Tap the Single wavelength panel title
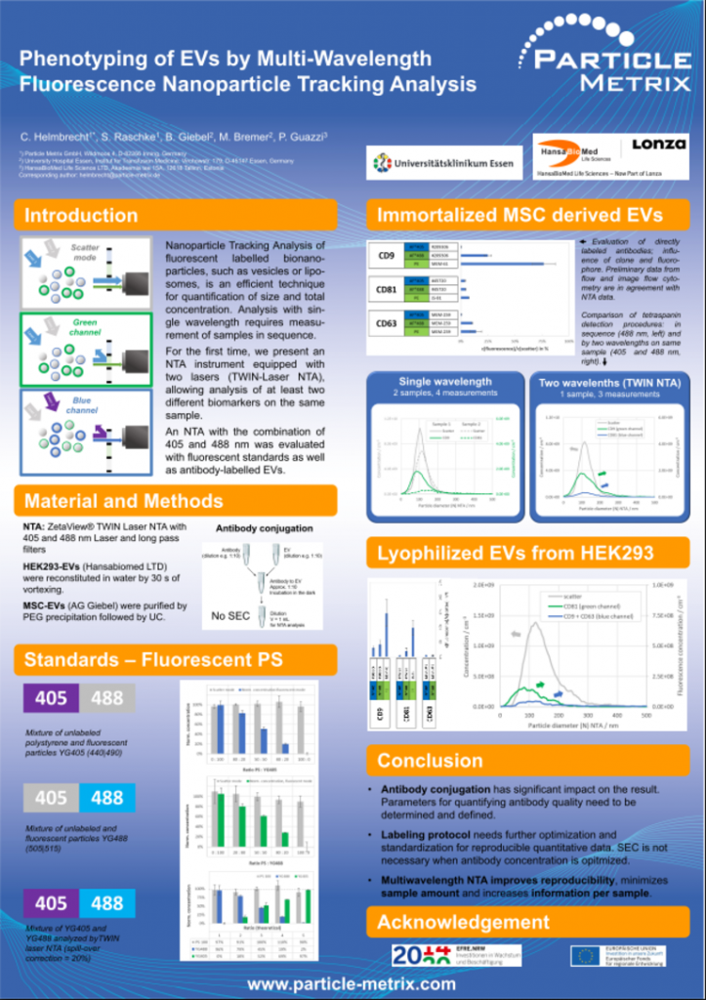(445, 382)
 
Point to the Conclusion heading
(431, 760)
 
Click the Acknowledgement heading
(464, 922)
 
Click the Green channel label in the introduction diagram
(85, 327)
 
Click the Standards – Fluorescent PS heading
(153, 660)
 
